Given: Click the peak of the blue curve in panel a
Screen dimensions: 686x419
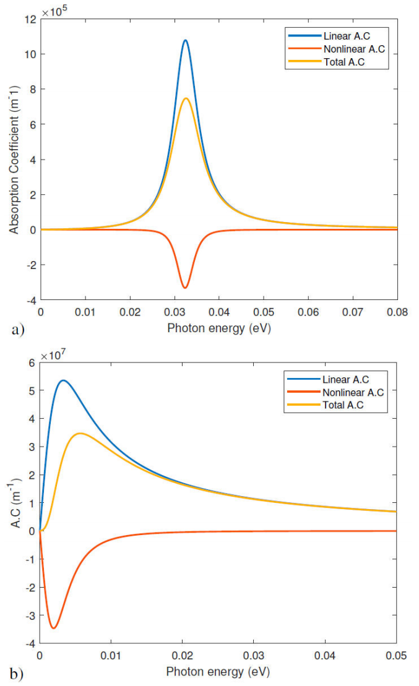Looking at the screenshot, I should click(x=185, y=41).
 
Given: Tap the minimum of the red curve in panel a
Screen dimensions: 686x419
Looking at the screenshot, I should click(x=184, y=288).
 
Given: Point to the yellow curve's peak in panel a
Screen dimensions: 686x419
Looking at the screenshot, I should click(x=186, y=98).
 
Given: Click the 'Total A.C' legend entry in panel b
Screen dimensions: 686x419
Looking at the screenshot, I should click(x=342, y=405).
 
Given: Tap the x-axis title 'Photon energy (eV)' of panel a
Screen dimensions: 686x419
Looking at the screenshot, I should click(x=219, y=328).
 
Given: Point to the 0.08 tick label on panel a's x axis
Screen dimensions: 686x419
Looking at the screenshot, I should click(x=397, y=313).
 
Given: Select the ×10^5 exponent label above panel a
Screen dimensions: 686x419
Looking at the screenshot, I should click(x=55, y=11).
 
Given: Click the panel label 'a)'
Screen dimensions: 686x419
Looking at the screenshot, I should click(x=17, y=330).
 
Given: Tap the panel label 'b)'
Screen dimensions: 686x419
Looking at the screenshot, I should click(x=17, y=674).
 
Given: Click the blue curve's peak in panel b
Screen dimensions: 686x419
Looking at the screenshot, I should click(x=63, y=380).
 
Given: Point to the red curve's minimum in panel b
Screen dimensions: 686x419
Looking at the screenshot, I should click(x=54, y=628).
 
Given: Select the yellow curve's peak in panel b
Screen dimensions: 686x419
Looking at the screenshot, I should click(x=80, y=433).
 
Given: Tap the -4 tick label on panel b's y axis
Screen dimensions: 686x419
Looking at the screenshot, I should click(x=30, y=644).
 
